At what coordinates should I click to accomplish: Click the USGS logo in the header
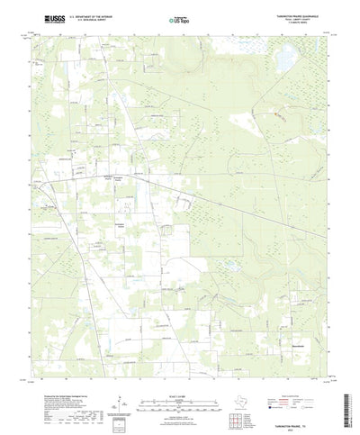[x=42, y=18]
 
